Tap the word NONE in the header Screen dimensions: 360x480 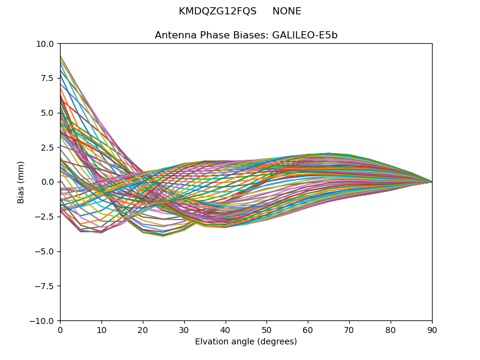(x=287, y=11)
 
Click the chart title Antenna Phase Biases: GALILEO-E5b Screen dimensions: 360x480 (x=246, y=35)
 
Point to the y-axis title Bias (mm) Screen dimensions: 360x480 (x=21, y=182)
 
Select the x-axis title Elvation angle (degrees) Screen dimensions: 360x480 (x=246, y=342)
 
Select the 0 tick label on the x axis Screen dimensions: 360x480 (x=60, y=329)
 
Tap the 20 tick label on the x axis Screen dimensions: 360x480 (x=143, y=329)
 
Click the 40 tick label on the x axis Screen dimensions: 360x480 (x=226, y=329)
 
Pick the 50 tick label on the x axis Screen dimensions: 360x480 (x=266, y=329)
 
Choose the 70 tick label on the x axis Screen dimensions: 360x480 (x=349, y=329)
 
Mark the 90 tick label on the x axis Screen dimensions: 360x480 (x=432, y=329)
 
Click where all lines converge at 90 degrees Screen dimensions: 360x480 (x=431, y=182)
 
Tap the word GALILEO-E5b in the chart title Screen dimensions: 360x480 (x=305, y=35)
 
